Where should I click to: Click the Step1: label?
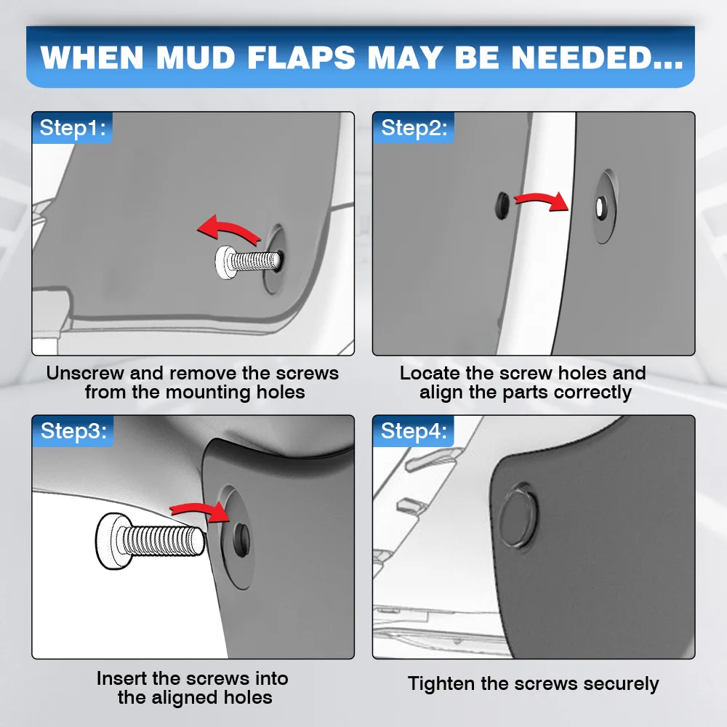point(73,127)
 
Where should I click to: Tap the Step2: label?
point(414,127)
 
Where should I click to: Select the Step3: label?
point(73,430)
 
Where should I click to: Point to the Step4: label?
point(414,430)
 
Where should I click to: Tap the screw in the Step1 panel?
point(249,262)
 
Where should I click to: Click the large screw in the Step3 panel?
point(150,541)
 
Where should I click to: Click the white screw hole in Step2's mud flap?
point(601,206)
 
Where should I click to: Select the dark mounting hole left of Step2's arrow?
point(502,206)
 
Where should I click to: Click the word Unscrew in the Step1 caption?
point(85,373)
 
